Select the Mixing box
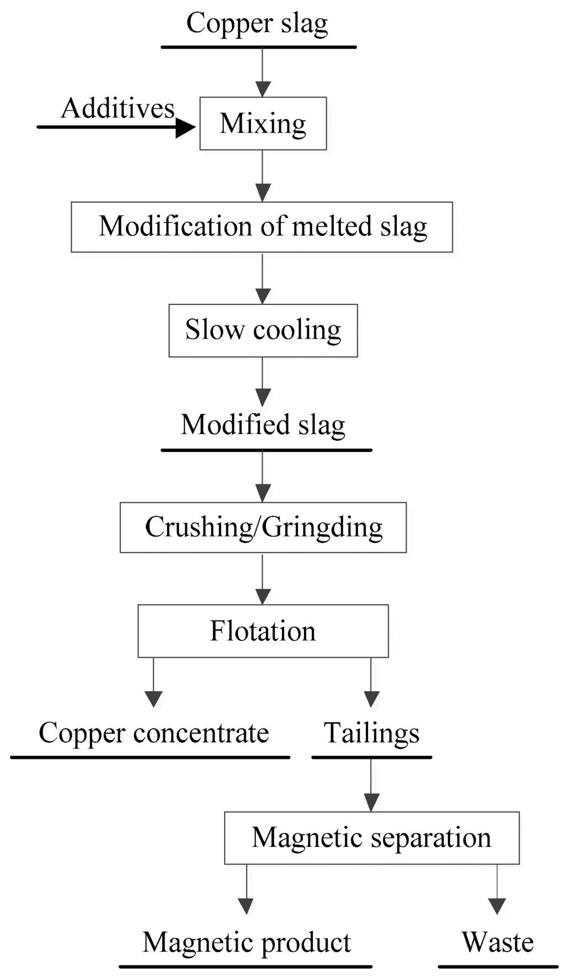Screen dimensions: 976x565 [x=263, y=123]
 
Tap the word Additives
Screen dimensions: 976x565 [x=118, y=108]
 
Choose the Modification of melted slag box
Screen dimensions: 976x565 [x=262, y=227]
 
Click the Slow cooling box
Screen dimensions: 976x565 [x=263, y=330]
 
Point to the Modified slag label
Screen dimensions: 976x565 [x=263, y=425]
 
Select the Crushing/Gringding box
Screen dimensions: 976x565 [x=263, y=527]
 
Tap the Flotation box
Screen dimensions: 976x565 [x=263, y=631]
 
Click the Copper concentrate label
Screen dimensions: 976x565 [x=153, y=734]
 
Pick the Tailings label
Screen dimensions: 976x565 [x=371, y=734]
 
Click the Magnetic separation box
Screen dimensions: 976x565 [x=371, y=838]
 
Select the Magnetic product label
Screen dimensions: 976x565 [x=247, y=942]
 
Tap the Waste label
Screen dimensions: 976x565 [x=498, y=942]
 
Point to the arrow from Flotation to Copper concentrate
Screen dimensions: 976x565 [x=153, y=682]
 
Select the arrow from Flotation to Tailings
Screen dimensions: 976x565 [x=371, y=682]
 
